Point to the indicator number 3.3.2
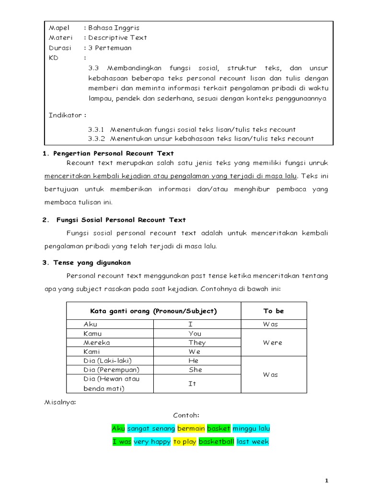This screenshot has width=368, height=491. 97,139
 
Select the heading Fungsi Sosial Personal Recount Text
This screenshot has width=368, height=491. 120,220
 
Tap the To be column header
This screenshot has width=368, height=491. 273,311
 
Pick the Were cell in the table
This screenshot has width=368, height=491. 273,342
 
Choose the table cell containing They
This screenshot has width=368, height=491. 197,342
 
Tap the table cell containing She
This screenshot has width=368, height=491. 195,370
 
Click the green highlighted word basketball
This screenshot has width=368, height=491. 216,442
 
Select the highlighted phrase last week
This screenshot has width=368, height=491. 253,442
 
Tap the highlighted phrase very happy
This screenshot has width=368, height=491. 152,442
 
